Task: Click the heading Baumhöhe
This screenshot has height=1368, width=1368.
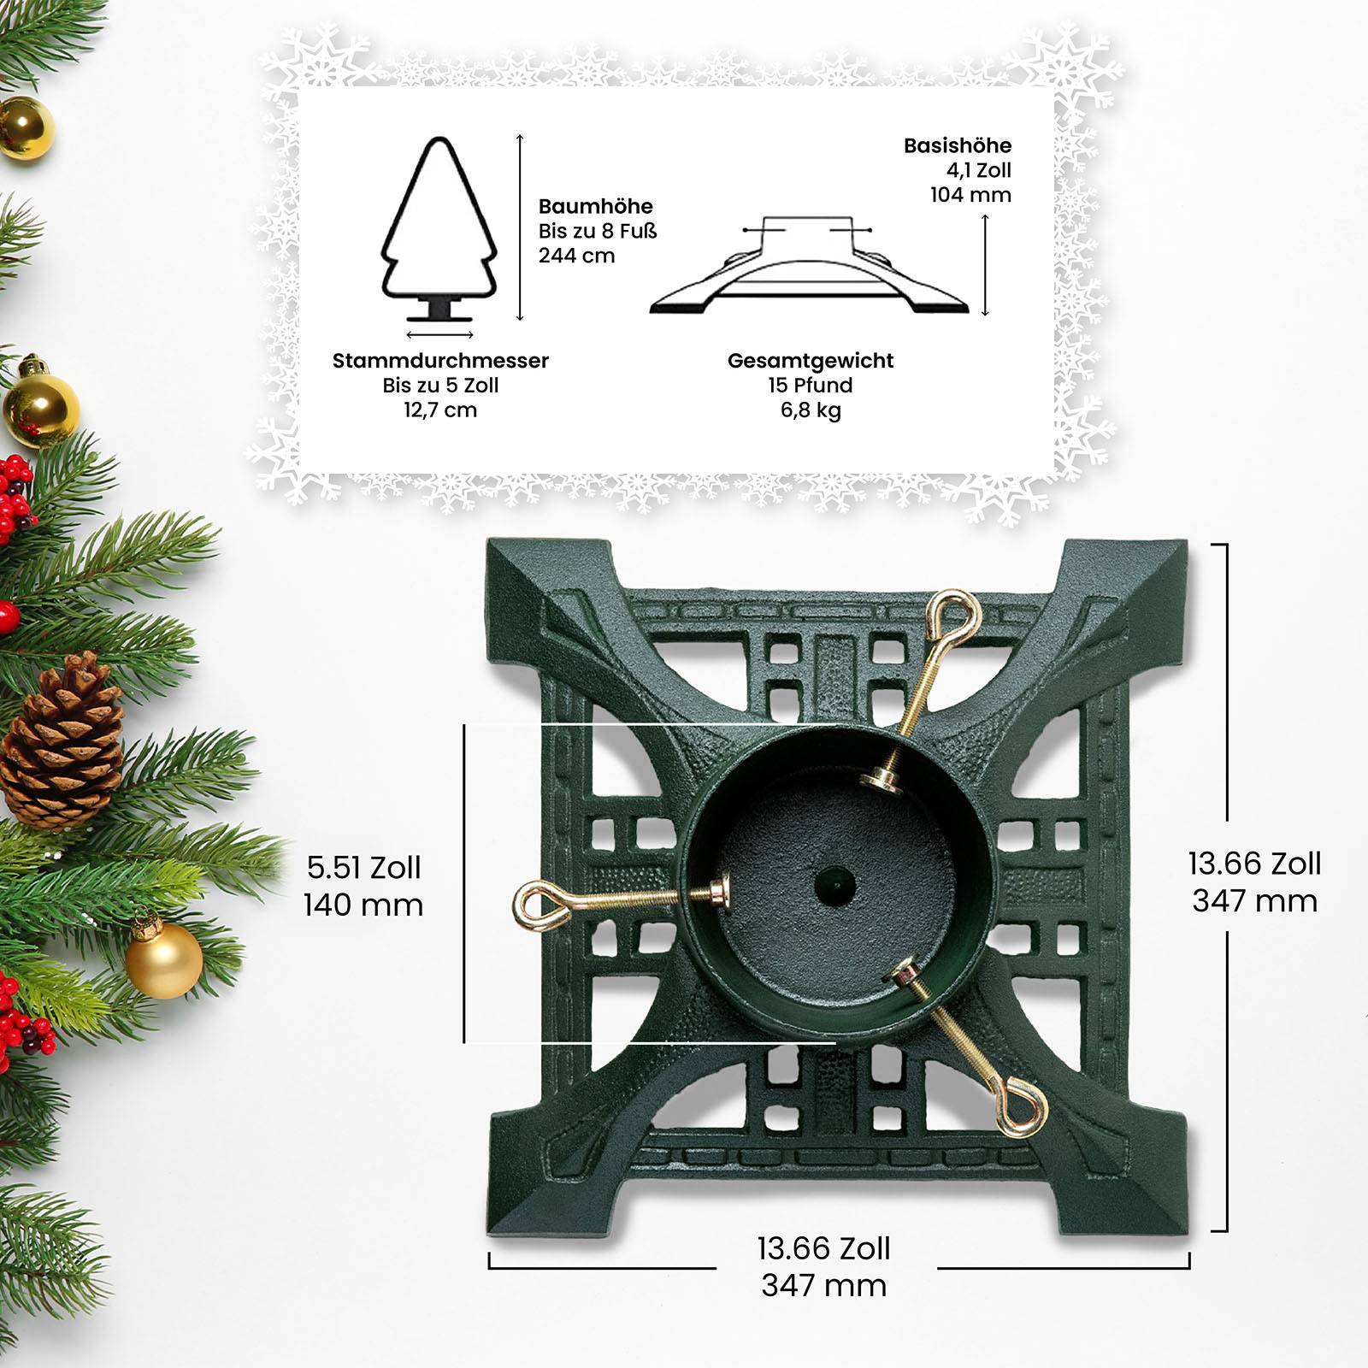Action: (x=595, y=207)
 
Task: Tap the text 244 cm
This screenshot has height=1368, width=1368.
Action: (x=576, y=256)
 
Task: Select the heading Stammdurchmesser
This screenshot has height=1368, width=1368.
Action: (x=440, y=361)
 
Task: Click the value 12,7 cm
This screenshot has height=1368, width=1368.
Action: (x=440, y=410)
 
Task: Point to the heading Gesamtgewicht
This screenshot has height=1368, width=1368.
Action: (x=810, y=361)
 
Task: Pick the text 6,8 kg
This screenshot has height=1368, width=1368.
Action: (x=810, y=410)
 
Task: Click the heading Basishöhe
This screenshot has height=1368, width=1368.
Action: (x=957, y=146)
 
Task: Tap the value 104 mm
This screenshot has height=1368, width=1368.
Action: (x=970, y=195)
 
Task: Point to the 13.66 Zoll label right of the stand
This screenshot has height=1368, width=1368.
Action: (x=1254, y=864)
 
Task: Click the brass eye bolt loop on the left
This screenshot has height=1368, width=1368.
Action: (x=539, y=905)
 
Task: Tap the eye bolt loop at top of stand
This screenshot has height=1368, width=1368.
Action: (x=949, y=615)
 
